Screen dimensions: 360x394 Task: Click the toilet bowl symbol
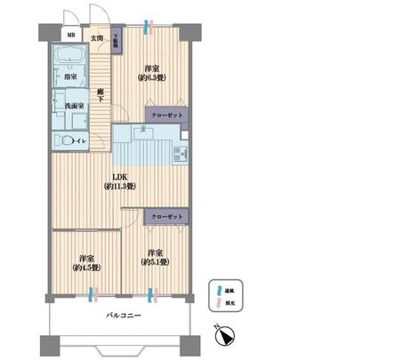pyautogui.click(x=65, y=140)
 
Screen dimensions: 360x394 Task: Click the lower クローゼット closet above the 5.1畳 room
pyautogui.click(x=165, y=217)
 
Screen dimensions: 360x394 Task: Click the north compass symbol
pyautogui.click(x=228, y=334)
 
